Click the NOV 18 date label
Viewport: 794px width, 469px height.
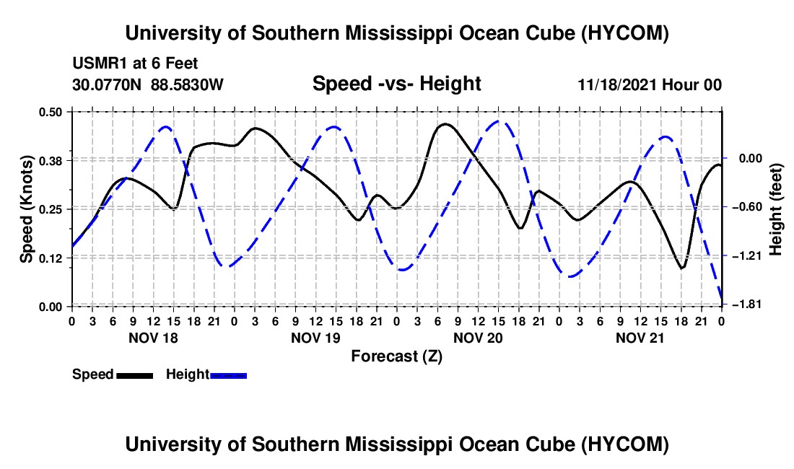[153, 338]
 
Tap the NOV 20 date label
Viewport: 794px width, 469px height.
[478, 338]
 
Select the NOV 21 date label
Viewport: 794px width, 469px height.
[640, 338]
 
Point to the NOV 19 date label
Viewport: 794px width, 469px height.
[315, 338]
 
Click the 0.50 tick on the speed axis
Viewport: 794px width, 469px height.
[50, 112]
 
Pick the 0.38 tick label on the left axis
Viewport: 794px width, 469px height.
[50, 161]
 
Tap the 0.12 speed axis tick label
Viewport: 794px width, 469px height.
[50, 258]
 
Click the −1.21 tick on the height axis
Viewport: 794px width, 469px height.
[747, 256]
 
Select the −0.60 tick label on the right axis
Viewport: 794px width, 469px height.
[747, 207]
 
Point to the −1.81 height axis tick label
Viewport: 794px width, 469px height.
[747, 304]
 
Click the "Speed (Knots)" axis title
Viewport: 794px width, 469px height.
[26, 209]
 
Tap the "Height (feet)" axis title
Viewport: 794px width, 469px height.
[775, 209]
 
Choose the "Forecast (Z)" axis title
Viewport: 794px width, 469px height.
[396, 356]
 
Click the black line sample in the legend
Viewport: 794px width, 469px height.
[135, 375]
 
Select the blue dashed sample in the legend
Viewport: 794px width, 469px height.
[228, 375]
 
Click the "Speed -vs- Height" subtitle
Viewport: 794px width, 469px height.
[396, 84]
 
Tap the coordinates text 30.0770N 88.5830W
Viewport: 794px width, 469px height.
[148, 84]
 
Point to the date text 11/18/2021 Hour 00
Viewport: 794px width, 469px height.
[650, 84]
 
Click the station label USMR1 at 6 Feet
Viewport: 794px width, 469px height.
[135, 63]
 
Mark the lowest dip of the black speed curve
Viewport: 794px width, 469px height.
[682, 268]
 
